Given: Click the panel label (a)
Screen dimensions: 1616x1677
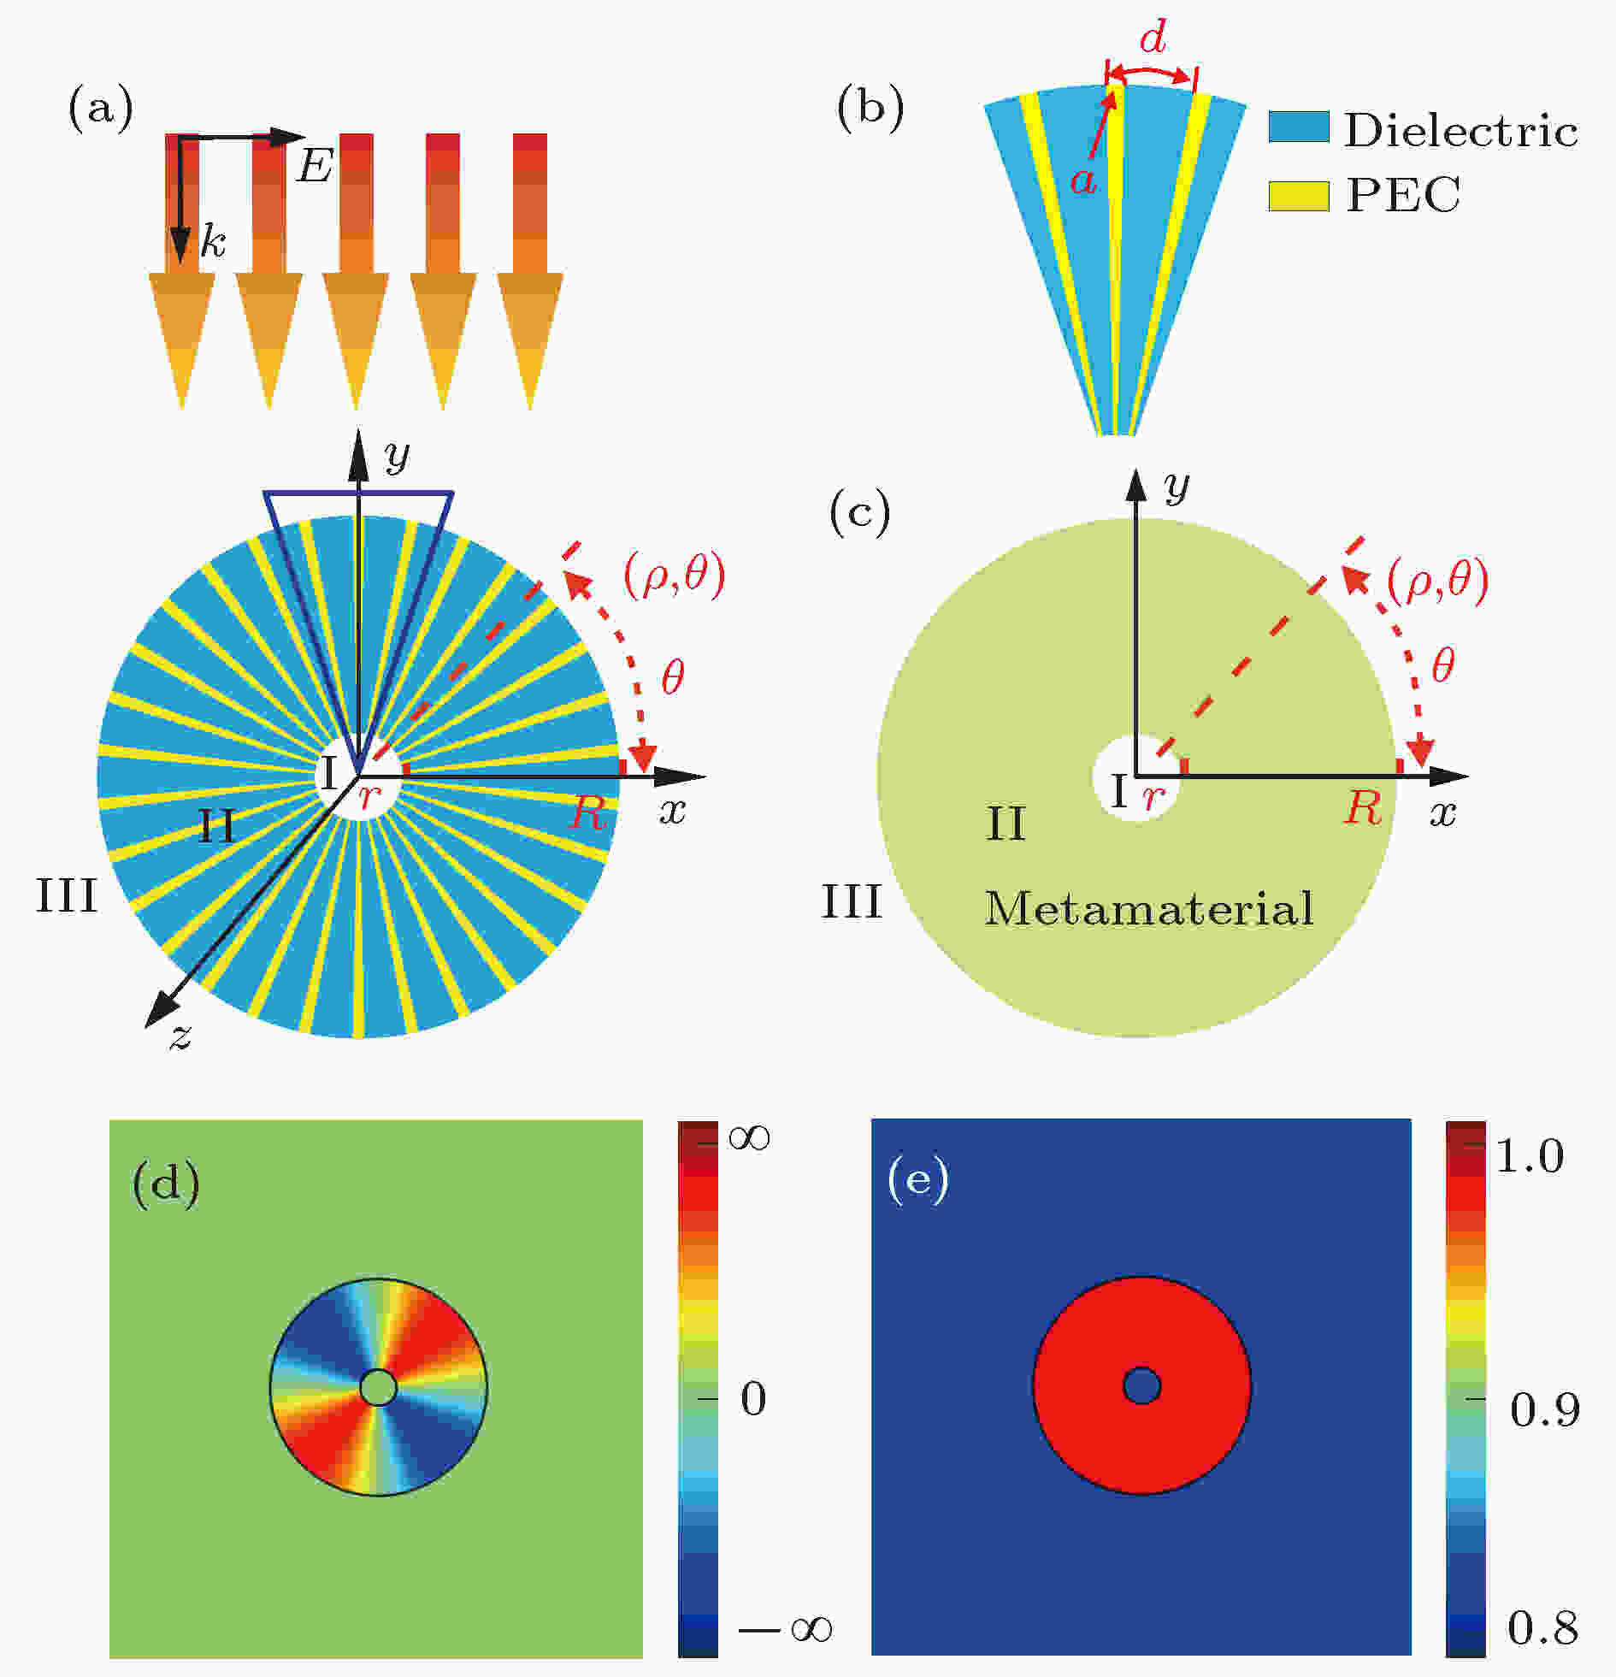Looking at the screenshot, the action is click(101, 109).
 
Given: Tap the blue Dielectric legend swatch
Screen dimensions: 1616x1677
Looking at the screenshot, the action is click(1299, 127).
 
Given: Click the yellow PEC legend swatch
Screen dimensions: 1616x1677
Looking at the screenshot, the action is click(1299, 195).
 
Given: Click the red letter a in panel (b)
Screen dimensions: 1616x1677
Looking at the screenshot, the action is click(1083, 180).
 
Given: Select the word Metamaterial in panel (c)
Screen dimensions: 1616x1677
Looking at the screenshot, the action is click(1148, 909).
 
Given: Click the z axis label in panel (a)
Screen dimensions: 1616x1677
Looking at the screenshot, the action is click(180, 1036).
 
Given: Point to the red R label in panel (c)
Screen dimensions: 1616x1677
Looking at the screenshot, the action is click(1363, 807).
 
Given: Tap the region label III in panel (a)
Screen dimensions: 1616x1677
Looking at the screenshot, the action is click(66, 896).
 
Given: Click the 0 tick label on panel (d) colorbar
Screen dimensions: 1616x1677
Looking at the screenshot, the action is click(752, 1399).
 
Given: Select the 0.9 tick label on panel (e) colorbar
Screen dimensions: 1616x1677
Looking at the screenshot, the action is click(1544, 1409).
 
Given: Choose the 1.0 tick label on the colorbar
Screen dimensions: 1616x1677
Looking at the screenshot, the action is click(1530, 1156).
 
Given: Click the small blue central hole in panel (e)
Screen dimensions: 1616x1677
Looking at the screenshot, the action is click(1141, 1386).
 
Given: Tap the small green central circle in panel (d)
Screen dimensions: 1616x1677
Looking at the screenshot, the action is click(378, 1387).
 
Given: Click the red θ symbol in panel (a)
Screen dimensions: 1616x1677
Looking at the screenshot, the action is click(672, 678).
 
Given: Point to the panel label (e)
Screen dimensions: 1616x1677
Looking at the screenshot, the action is click(919, 1181).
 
